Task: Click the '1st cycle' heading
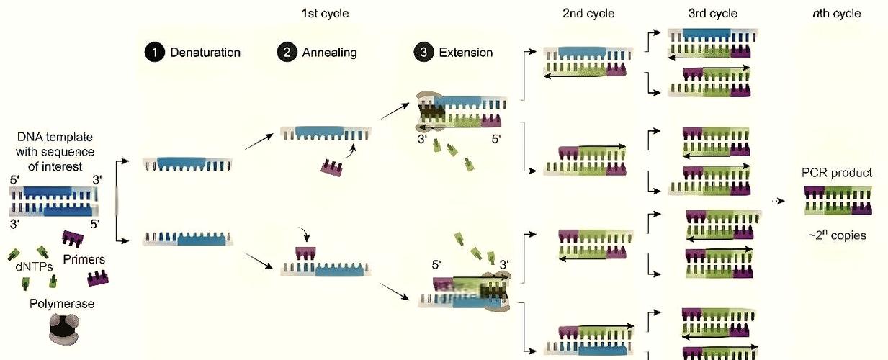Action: point(325,14)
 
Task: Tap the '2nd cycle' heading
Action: point(588,14)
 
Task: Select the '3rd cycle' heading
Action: point(713,14)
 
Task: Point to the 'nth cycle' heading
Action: point(836,14)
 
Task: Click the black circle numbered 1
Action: point(155,52)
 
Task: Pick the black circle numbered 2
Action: point(287,52)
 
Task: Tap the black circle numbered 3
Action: point(423,52)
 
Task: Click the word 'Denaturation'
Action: point(205,53)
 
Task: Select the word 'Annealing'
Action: point(329,53)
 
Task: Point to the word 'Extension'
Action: point(466,53)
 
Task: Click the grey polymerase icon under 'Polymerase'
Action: point(64,330)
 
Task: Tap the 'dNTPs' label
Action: point(34,267)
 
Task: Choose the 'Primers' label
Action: point(84,259)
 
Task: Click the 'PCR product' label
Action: point(836,173)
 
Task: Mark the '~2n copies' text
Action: point(837,235)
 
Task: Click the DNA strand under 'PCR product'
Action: point(838,201)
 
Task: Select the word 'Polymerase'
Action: point(62,304)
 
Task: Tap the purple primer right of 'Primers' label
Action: point(97,278)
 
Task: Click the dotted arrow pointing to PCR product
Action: point(779,201)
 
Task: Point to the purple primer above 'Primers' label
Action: point(73,238)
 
